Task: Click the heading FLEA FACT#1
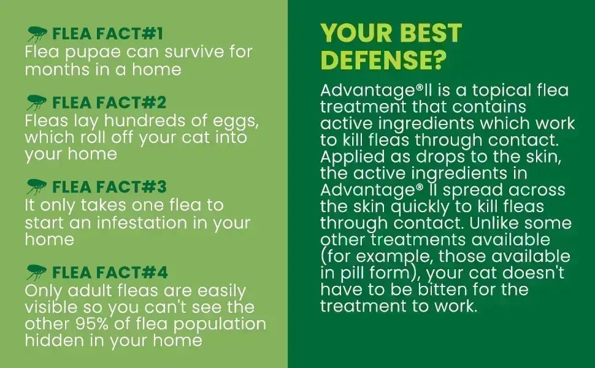click(x=108, y=33)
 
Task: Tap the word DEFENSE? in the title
click(x=383, y=60)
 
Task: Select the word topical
click(x=480, y=91)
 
